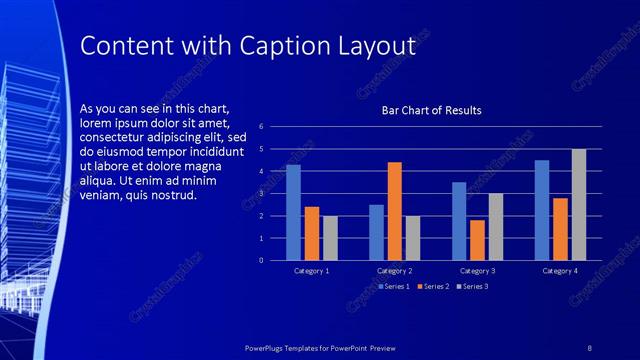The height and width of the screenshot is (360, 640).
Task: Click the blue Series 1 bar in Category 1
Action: tap(293, 212)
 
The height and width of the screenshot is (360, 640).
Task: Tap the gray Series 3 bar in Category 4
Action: tap(579, 204)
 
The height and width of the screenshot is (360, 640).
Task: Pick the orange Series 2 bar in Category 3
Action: tap(477, 240)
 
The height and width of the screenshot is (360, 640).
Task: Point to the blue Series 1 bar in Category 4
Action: tap(542, 210)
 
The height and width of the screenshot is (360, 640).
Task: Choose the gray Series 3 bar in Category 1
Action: tap(330, 238)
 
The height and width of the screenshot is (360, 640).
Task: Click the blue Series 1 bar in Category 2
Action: tap(376, 232)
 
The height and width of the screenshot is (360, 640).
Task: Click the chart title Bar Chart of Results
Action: tap(432, 110)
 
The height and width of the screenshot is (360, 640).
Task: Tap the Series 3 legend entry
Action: tap(472, 287)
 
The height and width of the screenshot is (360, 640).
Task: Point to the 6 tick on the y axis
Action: tap(260, 127)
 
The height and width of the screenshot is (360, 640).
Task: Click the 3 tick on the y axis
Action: tap(260, 194)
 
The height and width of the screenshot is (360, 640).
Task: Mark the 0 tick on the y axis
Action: tap(260, 260)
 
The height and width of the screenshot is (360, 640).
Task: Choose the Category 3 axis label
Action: tap(477, 271)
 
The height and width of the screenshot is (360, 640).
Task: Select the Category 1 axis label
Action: tap(312, 271)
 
